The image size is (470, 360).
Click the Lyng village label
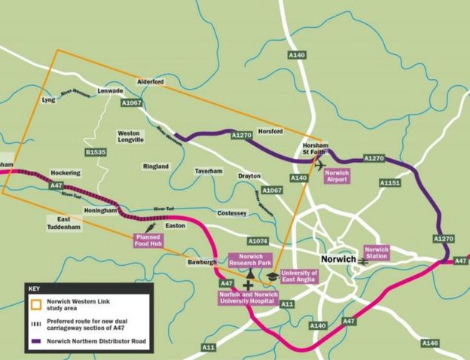tap(49, 99)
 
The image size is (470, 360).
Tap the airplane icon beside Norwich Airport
tap(322, 163)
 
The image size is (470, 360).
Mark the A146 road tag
tap(430, 343)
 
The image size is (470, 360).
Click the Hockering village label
tap(65, 172)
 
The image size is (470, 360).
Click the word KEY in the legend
tap(34, 288)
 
